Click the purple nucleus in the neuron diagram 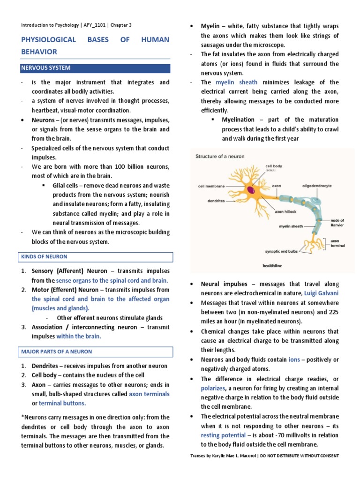click(252, 190)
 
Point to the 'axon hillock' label click(285, 211)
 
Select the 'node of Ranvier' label click(337, 222)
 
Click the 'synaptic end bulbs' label click(281, 251)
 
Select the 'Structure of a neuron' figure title click(220, 156)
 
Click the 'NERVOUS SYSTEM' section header click(45, 68)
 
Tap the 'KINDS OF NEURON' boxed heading click(44, 257)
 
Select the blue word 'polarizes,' click(213, 388)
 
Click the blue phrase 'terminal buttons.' click(62, 403)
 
